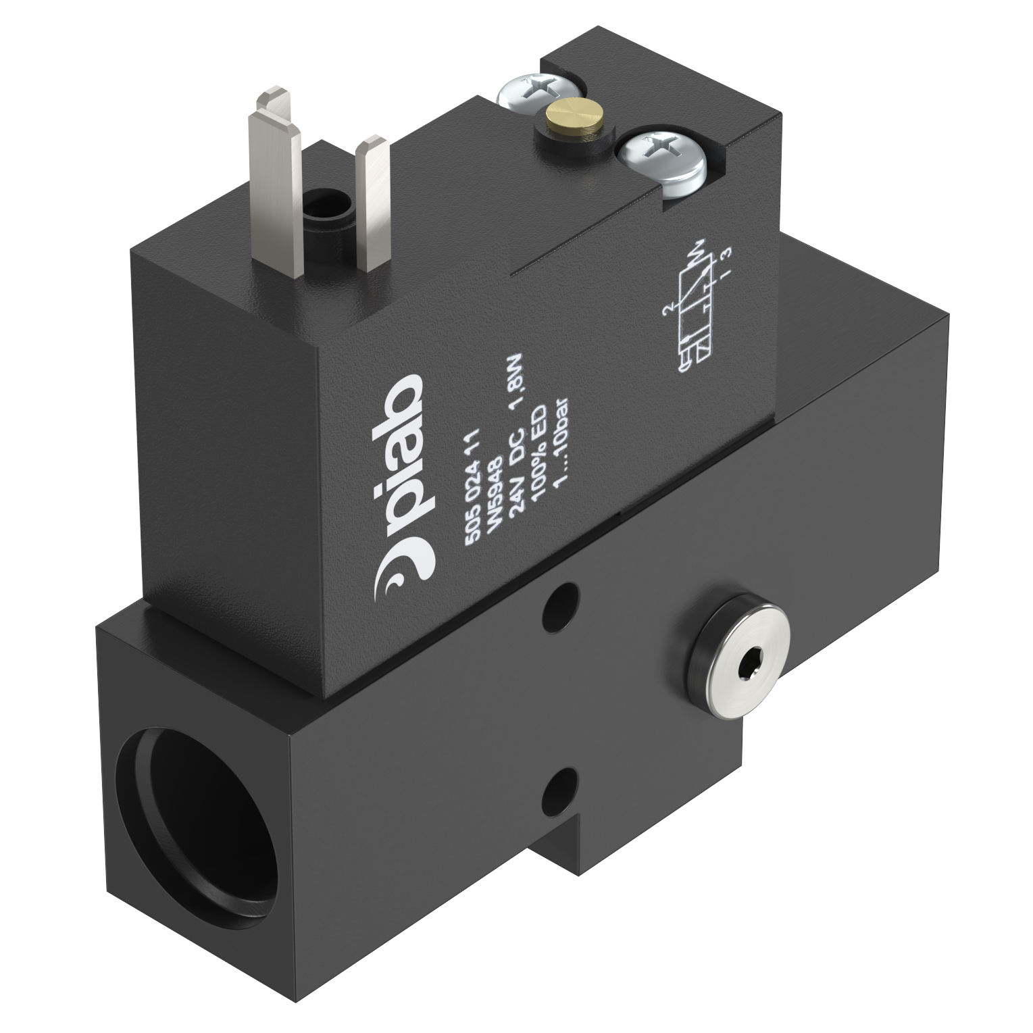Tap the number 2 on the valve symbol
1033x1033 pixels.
(667, 310)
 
